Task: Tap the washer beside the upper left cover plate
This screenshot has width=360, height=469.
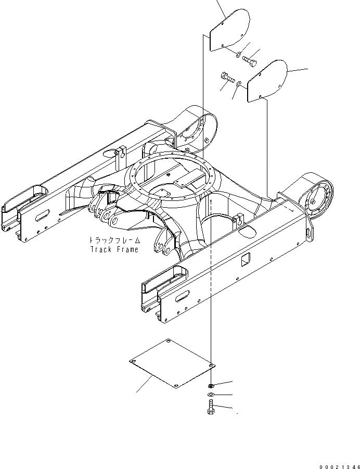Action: pos(237,53)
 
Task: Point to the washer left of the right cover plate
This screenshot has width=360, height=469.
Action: pos(238,84)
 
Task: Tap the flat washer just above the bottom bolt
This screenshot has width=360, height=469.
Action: pos(209,396)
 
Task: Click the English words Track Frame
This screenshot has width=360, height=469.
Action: pos(114,249)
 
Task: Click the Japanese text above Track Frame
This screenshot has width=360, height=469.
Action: pos(113,240)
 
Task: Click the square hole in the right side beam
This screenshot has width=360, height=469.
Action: pos(248,258)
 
